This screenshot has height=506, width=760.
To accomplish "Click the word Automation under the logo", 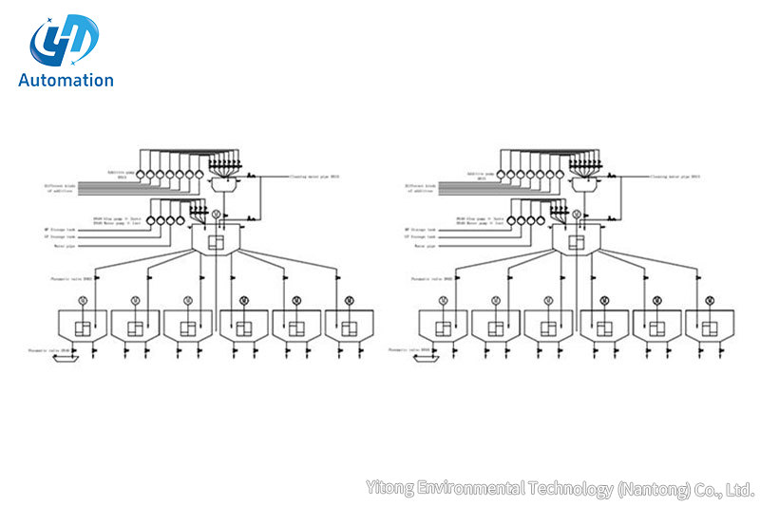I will (66, 81).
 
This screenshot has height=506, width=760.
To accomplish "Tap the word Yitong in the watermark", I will (389, 489).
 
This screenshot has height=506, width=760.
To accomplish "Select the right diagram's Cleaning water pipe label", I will (675, 177).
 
